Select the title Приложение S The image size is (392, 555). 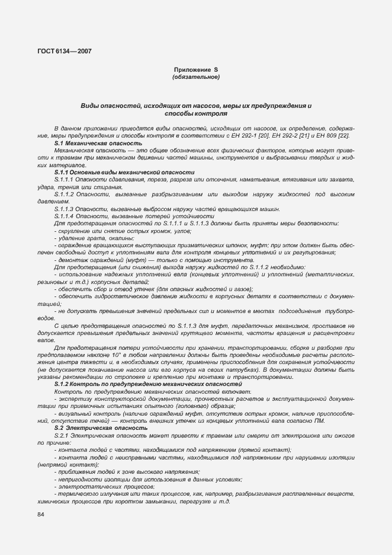pyautogui.click(x=195, y=70)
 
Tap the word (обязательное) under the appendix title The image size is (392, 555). pyautogui.click(x=195, y=77)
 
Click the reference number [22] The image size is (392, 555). pyautogui.click(x=343, y=136)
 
